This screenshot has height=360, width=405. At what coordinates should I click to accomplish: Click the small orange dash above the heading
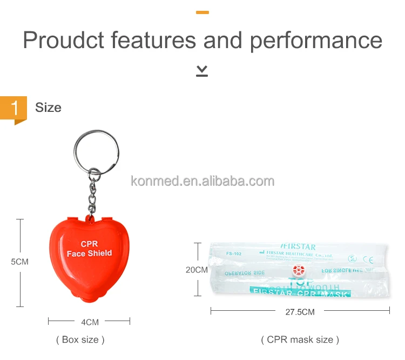(202, 12)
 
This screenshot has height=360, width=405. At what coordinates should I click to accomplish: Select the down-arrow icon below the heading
(202, 70)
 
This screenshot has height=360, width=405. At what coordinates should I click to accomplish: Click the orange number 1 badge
(14, 108)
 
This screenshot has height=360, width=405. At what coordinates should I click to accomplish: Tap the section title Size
(48, 108)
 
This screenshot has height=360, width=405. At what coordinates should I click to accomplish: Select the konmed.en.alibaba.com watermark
(202, 181)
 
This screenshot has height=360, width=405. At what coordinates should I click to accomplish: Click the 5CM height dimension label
(20, 262)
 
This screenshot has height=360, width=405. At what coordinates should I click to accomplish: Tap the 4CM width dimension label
(90, 322)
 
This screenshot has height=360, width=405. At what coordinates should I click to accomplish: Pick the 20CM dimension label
(197, 269)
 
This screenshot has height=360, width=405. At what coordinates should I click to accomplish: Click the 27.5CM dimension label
(300, 311)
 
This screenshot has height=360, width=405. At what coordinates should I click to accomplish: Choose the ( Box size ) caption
(80, 339)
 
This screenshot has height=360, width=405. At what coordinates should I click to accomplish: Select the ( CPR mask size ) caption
(300, 339)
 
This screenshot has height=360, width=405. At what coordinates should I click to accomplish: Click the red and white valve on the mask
(299, 270)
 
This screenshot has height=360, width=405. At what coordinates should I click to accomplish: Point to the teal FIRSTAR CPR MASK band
(300, 293)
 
